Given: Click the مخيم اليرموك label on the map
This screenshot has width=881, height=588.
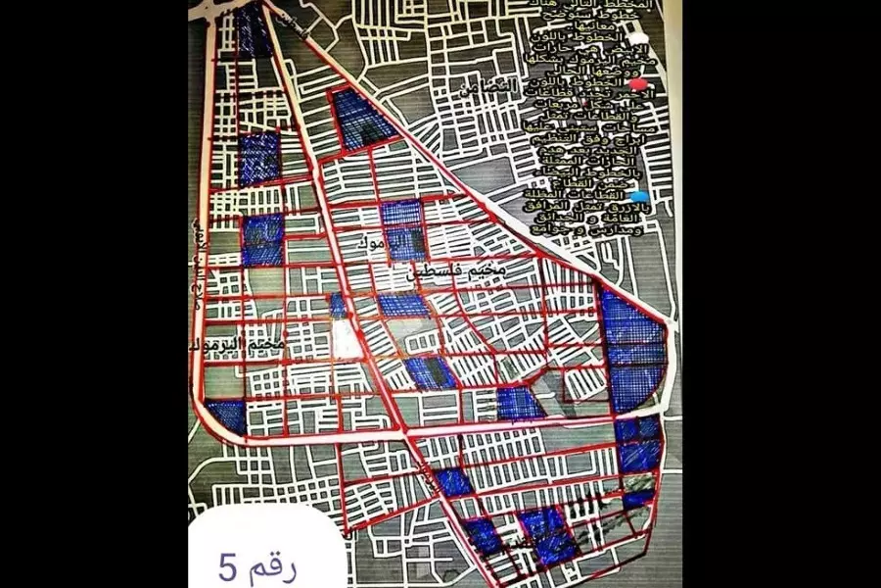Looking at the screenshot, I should tap(240, 346).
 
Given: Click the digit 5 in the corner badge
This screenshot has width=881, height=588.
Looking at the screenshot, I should tap(227, 565).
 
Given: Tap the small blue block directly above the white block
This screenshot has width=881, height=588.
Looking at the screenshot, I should tap(338, 305).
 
